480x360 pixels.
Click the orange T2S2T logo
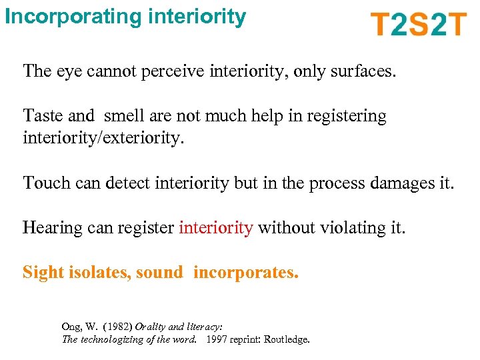point(419,24)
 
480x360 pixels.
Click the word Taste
point(43,115)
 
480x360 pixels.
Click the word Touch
point(44,182)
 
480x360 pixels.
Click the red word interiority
point(215,227)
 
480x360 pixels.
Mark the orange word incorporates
point(246,272)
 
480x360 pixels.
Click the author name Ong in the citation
point(72,327)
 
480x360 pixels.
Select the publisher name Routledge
point(287,339)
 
